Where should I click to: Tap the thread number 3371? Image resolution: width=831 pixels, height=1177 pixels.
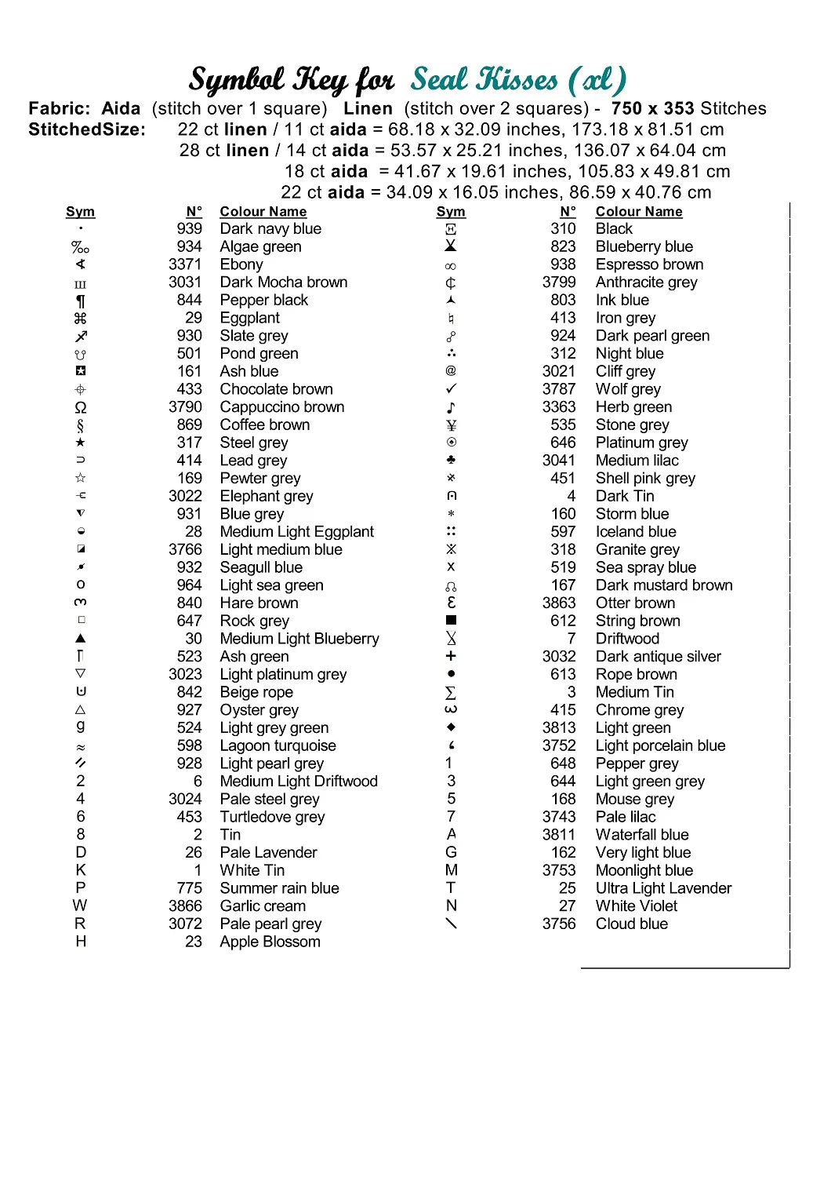click(185, 264)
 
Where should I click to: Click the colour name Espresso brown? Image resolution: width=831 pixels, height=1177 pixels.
click(649, 264)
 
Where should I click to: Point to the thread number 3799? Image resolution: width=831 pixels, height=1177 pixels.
click(559, 282)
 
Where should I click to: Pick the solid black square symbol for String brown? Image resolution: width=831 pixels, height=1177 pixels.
click(451, 621)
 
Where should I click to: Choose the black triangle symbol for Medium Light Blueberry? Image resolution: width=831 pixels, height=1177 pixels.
click(81, 639)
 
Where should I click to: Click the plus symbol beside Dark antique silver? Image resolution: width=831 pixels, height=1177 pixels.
click(451, 656)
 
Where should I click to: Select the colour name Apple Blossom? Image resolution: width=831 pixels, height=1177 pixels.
click(270, 942)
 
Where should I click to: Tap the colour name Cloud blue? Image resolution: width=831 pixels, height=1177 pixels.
click(631, 924)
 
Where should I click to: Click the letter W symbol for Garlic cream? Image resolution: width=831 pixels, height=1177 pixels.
click(80, 906)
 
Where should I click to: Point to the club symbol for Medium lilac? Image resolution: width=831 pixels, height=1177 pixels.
click(451, 460)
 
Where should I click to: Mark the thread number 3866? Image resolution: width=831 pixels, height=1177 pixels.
click(185, 906)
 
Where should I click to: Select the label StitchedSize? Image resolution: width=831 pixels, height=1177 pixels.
click(87, 129)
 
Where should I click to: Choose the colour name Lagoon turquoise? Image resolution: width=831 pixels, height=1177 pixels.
click(278, 745)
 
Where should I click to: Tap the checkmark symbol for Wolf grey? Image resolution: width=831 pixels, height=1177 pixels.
click(451, 388)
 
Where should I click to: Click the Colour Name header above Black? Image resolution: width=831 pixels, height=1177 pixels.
click(639, 212)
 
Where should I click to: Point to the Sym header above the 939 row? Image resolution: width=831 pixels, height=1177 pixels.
click(80, 212)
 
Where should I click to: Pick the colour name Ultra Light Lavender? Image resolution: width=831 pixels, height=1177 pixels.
click(663, 888)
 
